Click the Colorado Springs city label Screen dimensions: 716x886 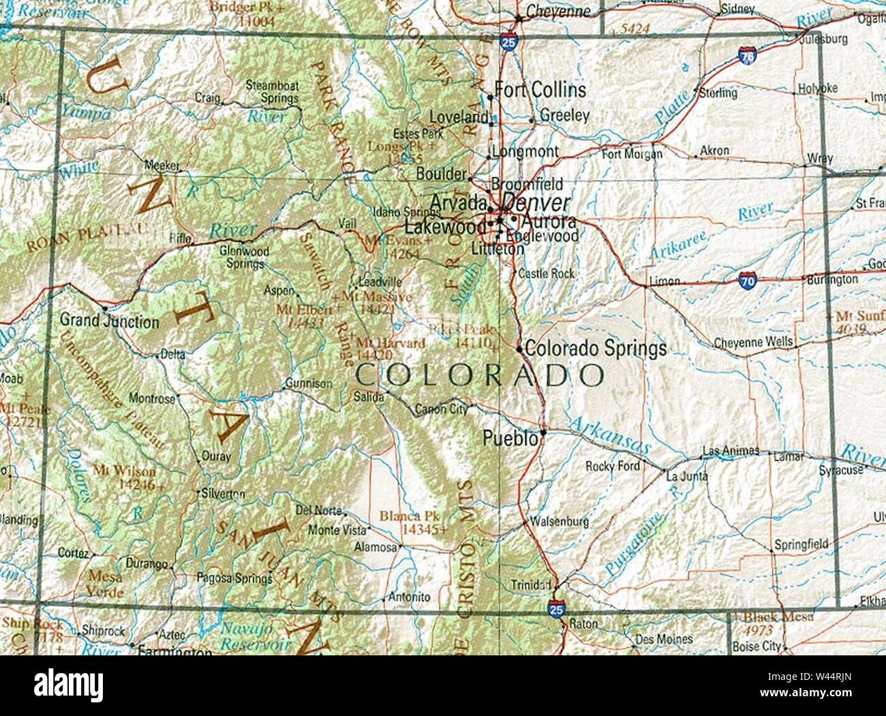pos(595,349)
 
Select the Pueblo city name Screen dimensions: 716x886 pos(510,439)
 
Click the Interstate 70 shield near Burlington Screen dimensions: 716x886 pos(747,279)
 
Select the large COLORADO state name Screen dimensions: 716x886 pos(480,375)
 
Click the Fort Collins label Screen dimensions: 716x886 pos(540,89)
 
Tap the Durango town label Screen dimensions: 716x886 pos(147,563)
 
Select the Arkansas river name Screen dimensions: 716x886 pos(609,435)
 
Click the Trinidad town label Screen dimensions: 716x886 pos(531,585)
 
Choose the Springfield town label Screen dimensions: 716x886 pos(801,544)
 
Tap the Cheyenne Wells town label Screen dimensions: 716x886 pos(753,342)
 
